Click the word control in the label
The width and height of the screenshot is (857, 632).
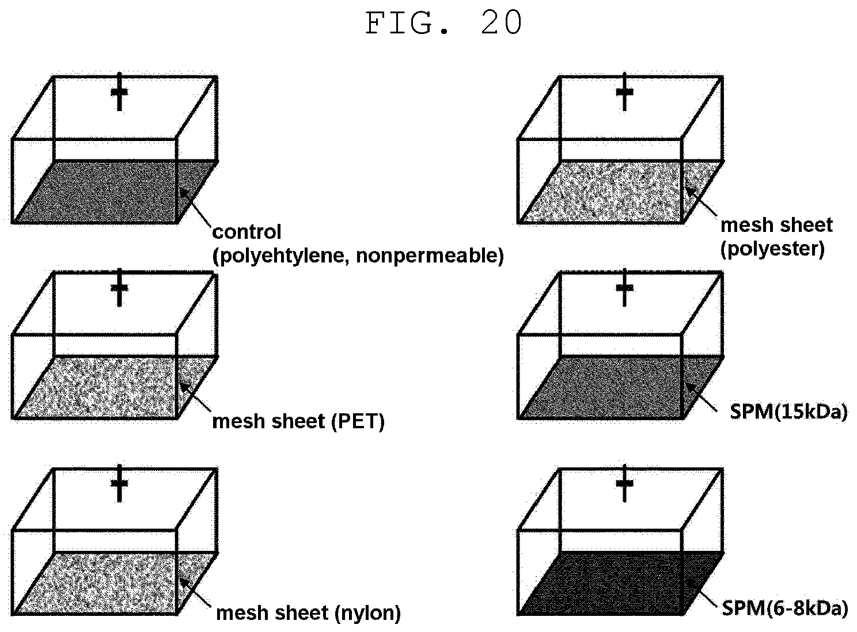[247, 232]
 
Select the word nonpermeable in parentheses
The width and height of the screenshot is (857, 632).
[430, 256]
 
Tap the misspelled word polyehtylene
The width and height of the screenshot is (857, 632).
[282, 256]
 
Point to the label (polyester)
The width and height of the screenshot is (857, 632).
[773, 249]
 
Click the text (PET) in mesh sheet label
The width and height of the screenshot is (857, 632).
[358, 421]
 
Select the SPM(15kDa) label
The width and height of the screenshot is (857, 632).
[788, 412]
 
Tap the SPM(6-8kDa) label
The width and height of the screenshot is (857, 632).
[785, 608]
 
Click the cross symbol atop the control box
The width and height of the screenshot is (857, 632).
[119, 92]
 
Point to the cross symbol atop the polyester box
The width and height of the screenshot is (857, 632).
[624, 92]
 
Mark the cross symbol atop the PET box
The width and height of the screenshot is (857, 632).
[119, 288]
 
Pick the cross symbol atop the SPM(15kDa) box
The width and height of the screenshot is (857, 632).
[624, 288]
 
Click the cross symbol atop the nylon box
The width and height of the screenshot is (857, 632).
[119, 483]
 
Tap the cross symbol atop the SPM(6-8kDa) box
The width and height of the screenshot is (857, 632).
[624, 483]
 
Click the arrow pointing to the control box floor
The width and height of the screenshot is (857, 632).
[195, 207]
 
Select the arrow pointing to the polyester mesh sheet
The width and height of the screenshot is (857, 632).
[700, 201]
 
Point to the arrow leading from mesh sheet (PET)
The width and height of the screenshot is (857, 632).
[195, 397]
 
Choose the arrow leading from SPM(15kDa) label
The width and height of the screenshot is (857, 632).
[700, 397]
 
